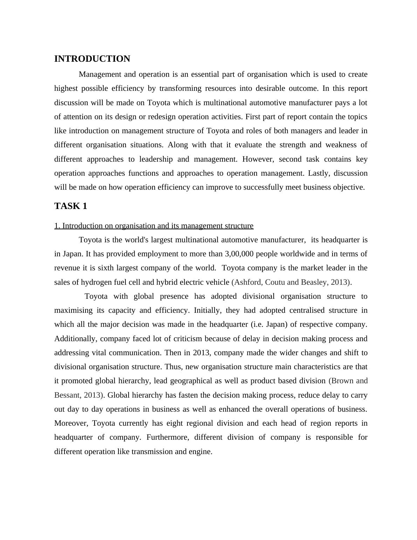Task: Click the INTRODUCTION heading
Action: [x=92, y=59]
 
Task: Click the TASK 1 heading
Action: [x=70, y=206]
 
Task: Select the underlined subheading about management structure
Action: [x=154, y=226]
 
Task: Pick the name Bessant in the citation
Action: [x=67, y=395]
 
